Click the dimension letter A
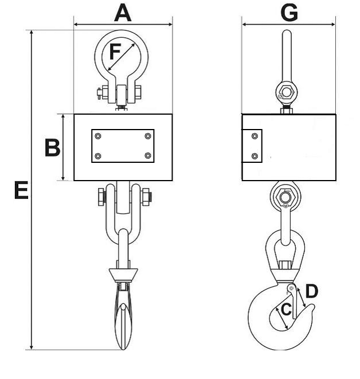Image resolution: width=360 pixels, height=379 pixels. point(123,14)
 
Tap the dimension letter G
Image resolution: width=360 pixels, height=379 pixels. point(289,13)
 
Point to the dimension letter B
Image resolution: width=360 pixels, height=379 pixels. point(52,148)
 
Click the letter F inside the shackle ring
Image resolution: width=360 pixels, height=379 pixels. point(115,52)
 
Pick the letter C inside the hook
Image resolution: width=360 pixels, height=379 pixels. point(287,310)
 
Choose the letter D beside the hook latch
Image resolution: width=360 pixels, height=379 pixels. point(312,291)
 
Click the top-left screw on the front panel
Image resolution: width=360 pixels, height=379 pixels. point(98,136)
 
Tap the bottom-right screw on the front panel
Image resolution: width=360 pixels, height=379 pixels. point(148,155)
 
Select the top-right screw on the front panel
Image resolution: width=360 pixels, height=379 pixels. point(148,136)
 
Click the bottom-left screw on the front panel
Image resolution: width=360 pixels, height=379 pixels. point(98,156)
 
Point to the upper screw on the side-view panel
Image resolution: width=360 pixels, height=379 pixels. point(255,136)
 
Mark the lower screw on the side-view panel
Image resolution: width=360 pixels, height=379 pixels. point(255,156)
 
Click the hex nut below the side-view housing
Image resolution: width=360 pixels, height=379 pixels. point(285,197)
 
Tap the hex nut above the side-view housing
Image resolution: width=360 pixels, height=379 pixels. point(287,93)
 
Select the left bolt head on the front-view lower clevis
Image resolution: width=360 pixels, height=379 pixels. point(102,197)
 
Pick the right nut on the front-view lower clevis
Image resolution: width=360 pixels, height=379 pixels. point(146,197)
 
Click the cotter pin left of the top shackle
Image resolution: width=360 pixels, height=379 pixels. point(99,93)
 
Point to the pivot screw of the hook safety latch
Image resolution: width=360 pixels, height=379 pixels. point(291,288)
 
